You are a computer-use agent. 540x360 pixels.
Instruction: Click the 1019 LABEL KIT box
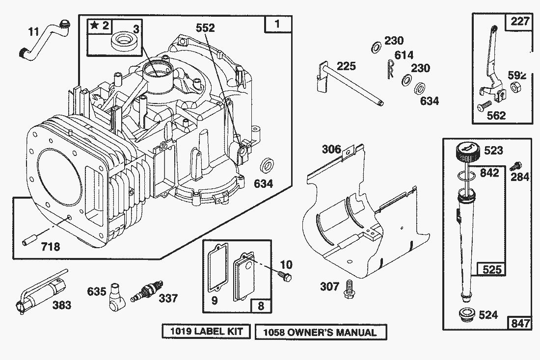point(207,332)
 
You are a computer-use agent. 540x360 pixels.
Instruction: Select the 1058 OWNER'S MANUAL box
point(321,332)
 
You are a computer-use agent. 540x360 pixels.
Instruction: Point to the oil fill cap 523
point(467,152)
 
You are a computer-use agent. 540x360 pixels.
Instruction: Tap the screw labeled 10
point(285,276)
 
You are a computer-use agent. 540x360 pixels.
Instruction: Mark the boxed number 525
point(491,269)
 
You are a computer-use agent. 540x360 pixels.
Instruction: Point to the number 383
point(61,305)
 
